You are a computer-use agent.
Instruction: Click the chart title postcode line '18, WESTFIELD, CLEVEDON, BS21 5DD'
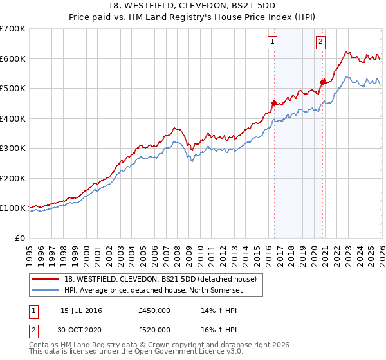tap(193, 6)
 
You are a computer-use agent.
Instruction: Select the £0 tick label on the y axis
tap(21, 238)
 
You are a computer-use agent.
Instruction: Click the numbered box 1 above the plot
tap(273, 42)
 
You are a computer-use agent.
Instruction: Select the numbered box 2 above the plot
tap(320, 42)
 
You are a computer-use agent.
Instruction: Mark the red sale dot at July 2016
tap(274, 103)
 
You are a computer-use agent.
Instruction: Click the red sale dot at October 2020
tap(323, 82)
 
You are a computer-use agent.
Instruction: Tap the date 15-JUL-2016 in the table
tap(81, 310)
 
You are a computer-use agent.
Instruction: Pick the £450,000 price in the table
tap(154, 310)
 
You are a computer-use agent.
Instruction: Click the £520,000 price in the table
tap(154, 330)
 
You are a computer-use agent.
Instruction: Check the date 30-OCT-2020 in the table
tap(81, 330)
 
